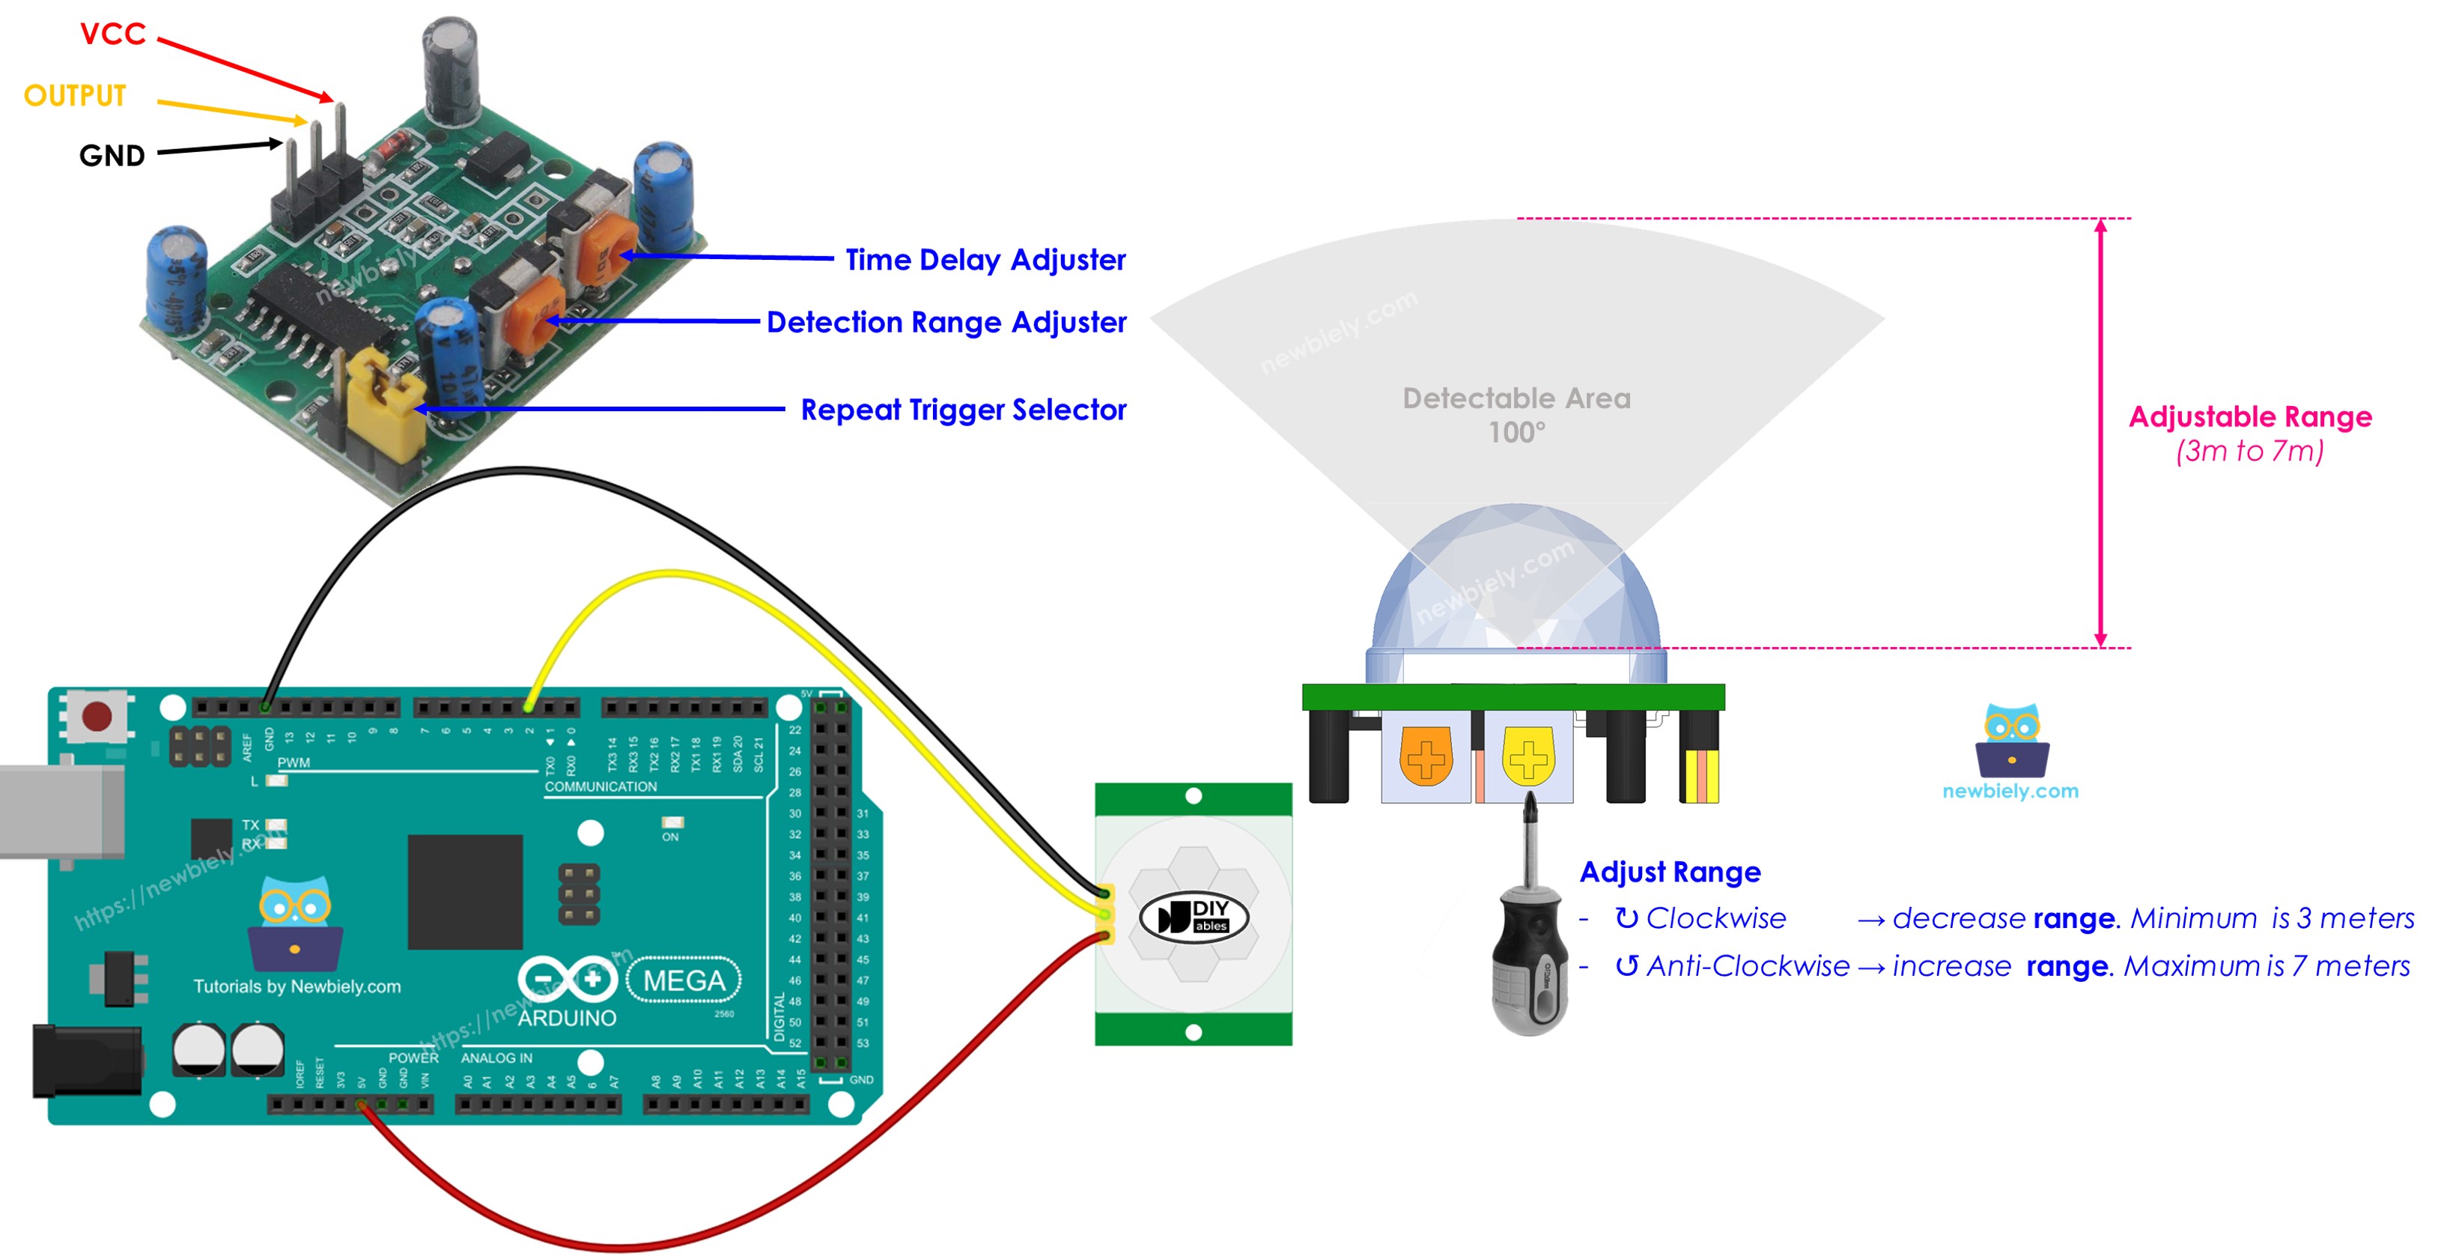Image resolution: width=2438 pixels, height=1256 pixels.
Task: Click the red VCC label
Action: point(112,34)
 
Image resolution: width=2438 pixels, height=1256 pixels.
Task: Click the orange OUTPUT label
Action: point(75,96)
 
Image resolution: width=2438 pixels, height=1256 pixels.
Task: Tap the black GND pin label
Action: point(112,155)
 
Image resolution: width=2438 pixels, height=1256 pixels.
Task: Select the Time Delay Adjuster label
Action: point(985,259)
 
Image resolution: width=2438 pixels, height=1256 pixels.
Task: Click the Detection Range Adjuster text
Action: point(946,322)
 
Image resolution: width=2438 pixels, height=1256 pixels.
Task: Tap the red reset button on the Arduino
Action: point(97,715)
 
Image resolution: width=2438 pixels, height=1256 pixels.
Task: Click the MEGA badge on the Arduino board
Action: point(684,980)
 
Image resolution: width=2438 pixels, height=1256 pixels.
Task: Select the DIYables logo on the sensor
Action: point(1194,916)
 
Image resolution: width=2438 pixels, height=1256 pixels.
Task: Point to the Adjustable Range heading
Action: point(2249,416)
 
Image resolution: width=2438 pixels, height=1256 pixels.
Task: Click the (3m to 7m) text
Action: point(2249,452)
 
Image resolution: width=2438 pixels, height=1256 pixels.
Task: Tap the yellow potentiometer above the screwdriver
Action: point(1527,756)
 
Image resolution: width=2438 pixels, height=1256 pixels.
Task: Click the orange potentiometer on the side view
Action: point(1426,756)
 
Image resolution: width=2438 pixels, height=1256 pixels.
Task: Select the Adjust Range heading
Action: point(1670,872)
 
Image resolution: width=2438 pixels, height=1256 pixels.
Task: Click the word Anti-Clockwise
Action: point(1747,966)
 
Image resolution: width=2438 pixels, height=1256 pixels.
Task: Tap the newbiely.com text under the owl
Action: point(2010,791)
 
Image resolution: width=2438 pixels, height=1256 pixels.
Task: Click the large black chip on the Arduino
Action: point(465,891)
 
